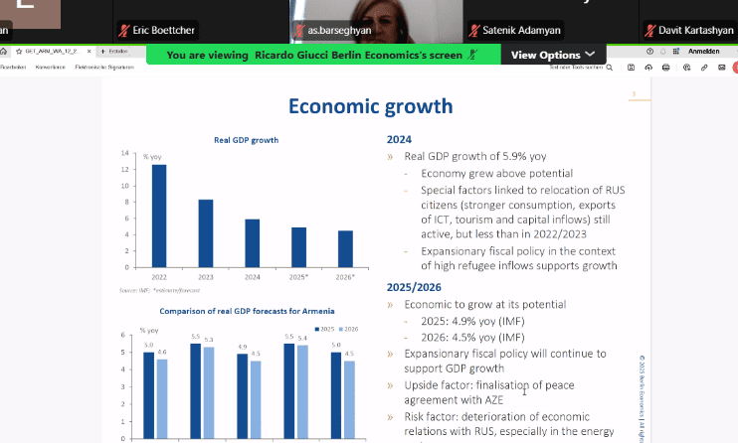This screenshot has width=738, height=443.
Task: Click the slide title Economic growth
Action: tap(370, 105)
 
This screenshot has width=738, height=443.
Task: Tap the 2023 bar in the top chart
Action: tap(206, 233)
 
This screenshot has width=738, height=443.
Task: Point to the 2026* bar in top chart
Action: tap(345, 249)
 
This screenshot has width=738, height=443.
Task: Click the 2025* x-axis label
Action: tap(298, 275)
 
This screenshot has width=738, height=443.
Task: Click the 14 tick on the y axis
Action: tap(125, 153)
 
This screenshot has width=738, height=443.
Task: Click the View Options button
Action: tap(553, 55)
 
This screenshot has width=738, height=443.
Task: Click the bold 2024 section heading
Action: tap(399, 140)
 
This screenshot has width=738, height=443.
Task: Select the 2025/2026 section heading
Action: tap(414, 287)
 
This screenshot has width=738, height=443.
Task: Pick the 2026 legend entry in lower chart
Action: tap(348, 329)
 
